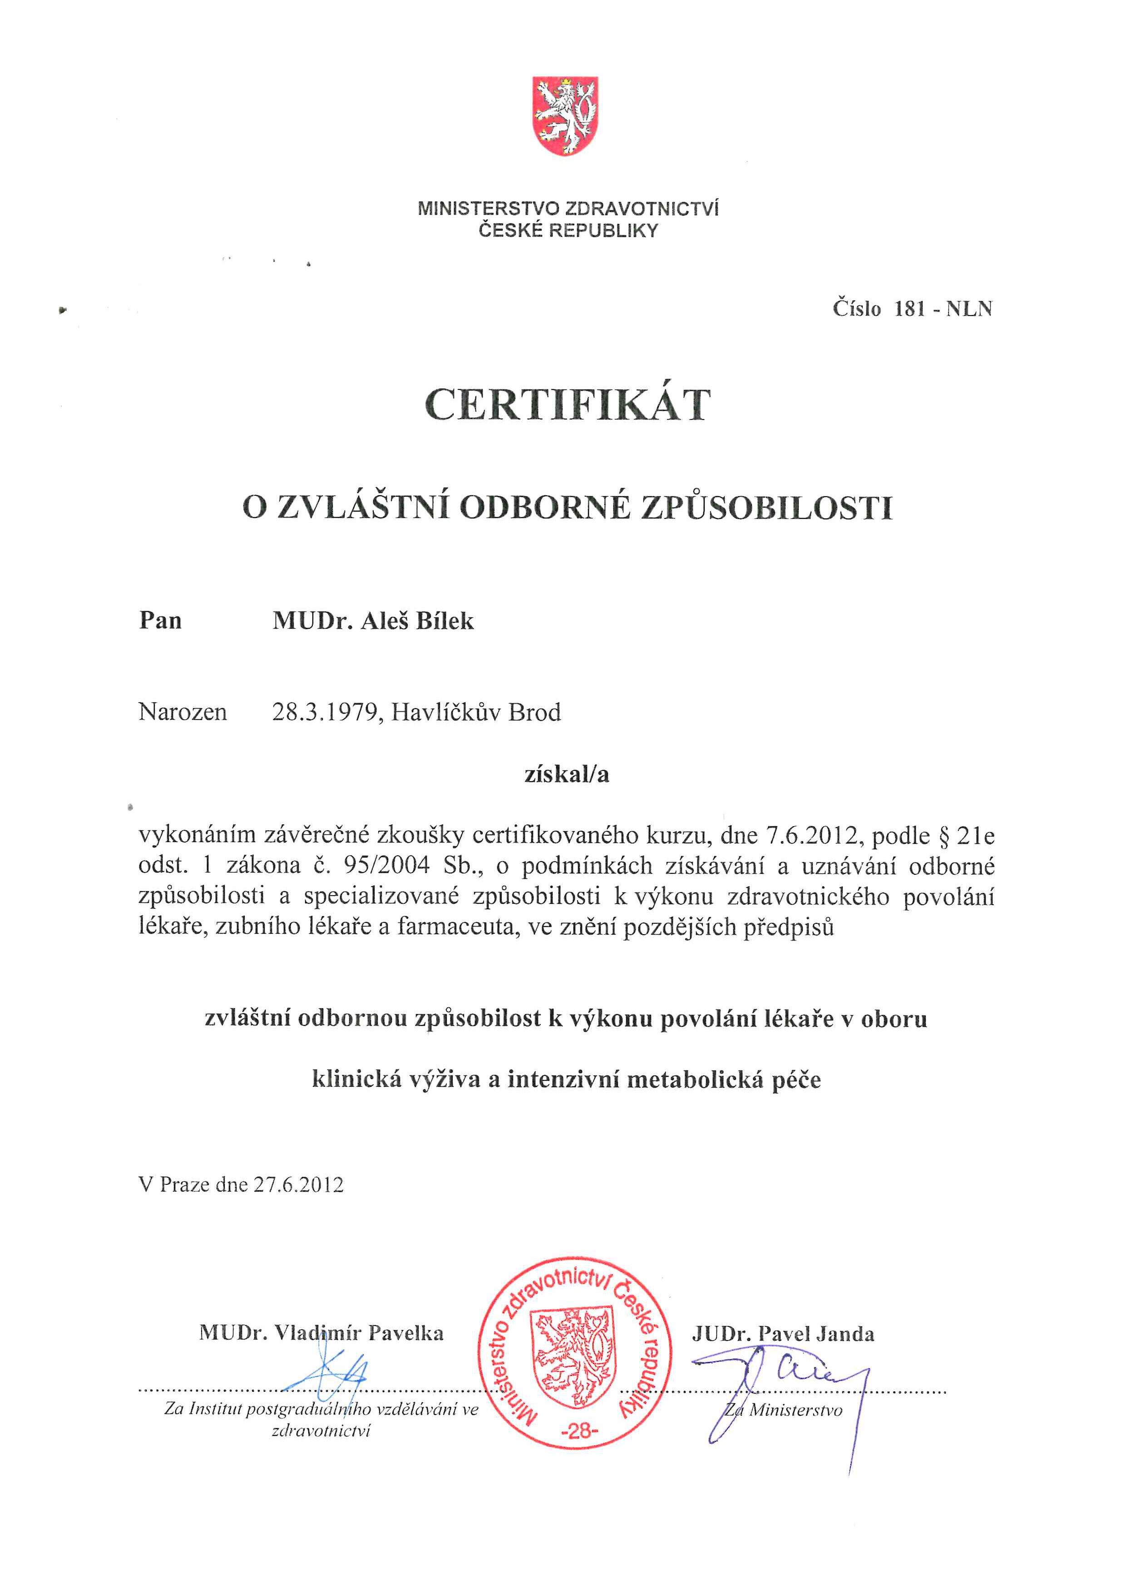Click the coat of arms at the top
tap(565, 116)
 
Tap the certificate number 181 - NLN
tap(943, 309)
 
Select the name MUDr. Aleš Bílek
tap(373, 621)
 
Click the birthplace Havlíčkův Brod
tap(476, 712)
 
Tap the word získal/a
tap(567, 774)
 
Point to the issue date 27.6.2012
tap(298, 1184)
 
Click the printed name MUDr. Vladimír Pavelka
tap(321, 1333)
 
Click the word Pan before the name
tap(160, 621)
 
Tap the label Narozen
tap(183, 712)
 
